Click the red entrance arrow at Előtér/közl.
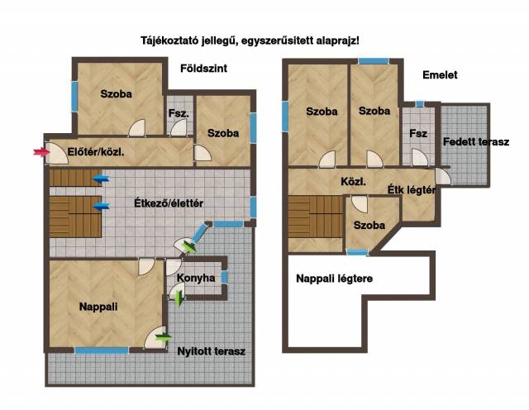click(x=38, y=151)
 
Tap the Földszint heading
click(x=203, y=69)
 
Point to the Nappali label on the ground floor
click(x=98, y=307)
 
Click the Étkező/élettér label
click(x=169, y=203)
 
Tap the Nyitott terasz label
click(x=212, y=351)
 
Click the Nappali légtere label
click(x=334, y=279)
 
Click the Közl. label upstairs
click(x=353, y=180)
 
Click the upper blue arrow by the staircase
click(x=101, y=178)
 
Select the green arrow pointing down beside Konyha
click(x=180, y=299)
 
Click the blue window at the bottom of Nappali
click(x=102, y=350)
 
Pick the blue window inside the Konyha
click(x=224, y=278)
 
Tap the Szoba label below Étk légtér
click(x=368, y=226)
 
